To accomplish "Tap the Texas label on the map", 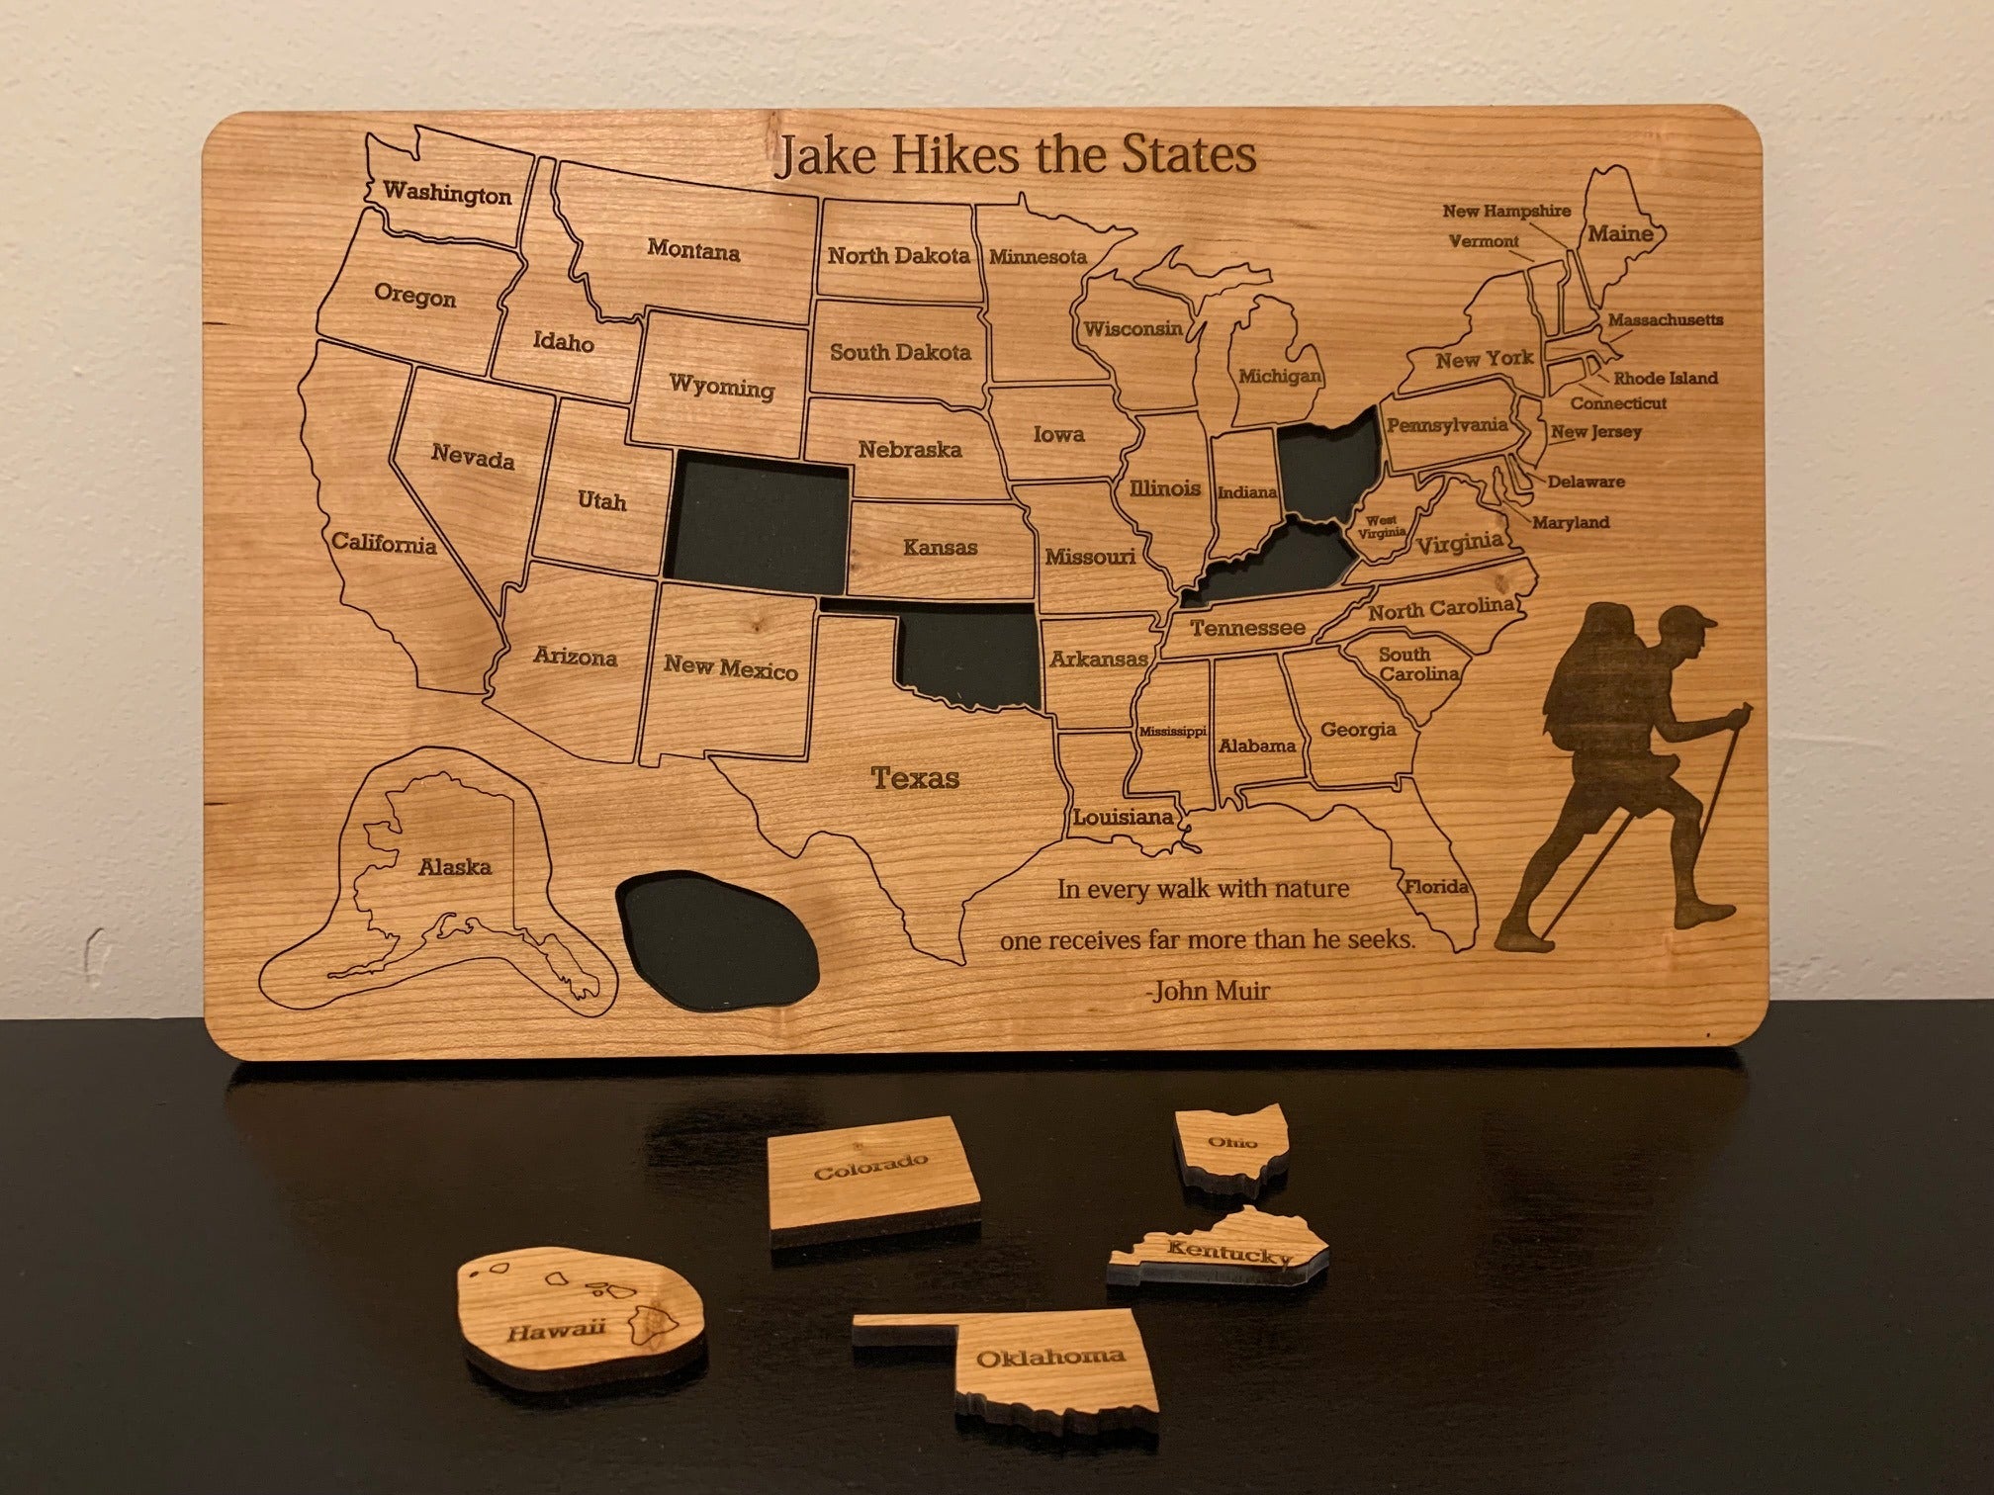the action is pos(915,779).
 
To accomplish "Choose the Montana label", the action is pos(693,251).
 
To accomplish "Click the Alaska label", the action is pos(455,867).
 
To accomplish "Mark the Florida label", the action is pos(1436,886).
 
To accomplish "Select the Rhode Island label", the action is pos(1666,378).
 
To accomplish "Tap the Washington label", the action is pos(447,193).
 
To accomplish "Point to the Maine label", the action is pos(1620,234).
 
